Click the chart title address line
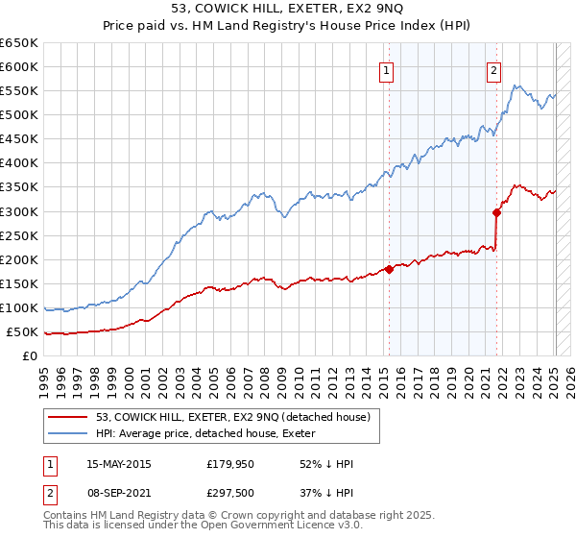pos(288,9)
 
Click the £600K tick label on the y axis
pos(20,66)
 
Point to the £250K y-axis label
pos(20,235)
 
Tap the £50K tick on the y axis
pos(23,332)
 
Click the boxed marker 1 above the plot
pos(386,69)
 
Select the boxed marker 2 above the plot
pos(493,69)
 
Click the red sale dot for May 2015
pos(389,269)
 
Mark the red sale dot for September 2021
pos(496,212)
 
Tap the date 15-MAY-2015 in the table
pos(119,464)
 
